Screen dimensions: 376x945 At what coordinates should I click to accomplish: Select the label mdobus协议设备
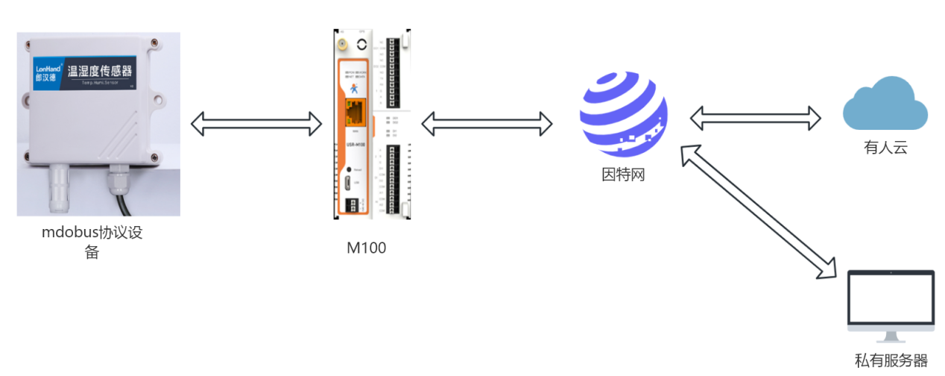92,242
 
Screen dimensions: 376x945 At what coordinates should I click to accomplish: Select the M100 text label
367,248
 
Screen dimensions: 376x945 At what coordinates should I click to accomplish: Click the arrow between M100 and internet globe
486,123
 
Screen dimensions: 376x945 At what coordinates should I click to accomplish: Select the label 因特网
623,176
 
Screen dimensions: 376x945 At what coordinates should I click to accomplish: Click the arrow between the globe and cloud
754,117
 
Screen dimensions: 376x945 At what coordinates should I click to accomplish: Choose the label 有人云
885,148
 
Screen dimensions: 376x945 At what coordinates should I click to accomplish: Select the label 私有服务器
891,361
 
